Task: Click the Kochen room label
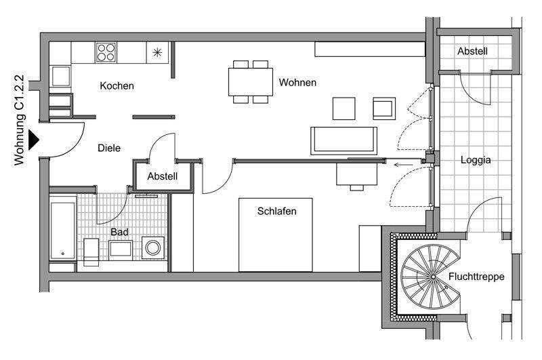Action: click(117, 86)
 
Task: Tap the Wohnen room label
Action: click(297, 83)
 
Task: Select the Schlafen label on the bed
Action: click(276, 211)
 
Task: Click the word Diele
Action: click(108, 147)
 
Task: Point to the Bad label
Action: click(119, 232)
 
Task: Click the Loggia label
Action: click(475, 161)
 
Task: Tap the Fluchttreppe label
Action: click(476, 277)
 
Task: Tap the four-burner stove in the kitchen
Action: click(106, 52)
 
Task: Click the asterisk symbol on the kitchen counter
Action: click(157, 52)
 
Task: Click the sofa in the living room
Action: click(344, 140)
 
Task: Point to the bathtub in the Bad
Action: click(62, 231)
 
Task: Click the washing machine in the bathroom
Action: click(153, 248)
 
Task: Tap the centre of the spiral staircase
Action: click(431, 277)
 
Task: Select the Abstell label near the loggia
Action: click(472, 51)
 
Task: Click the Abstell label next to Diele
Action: click(163, 177)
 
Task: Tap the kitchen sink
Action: click(60, 75)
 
